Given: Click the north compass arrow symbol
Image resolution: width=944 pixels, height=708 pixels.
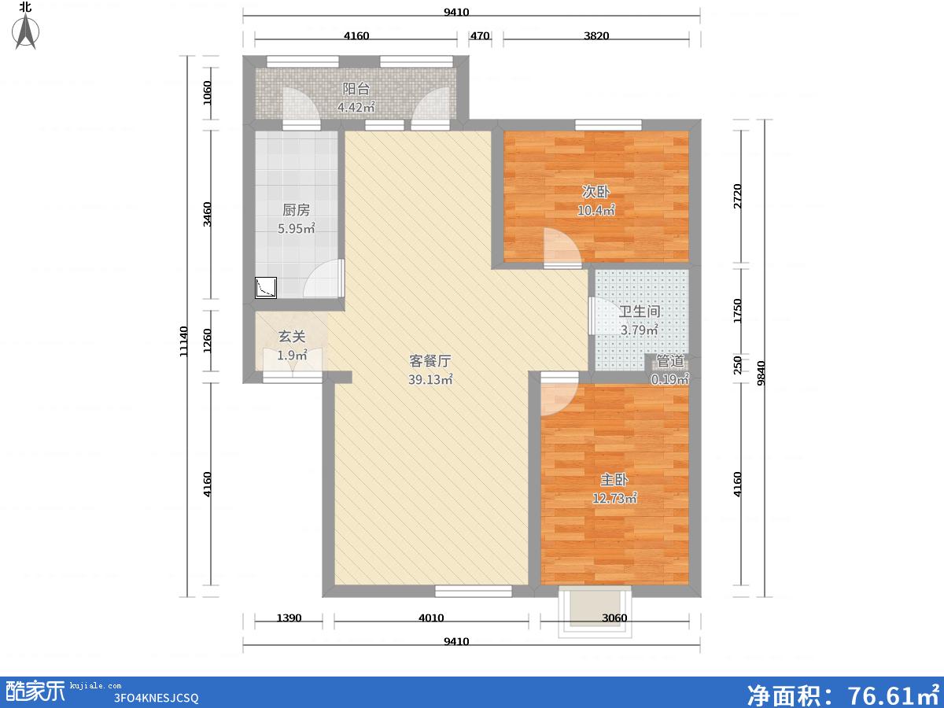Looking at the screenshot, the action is [26, 31].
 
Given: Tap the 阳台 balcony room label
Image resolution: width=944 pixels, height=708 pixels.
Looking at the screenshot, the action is [356, 89].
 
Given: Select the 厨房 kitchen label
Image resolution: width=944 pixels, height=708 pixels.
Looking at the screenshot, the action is [296, 210].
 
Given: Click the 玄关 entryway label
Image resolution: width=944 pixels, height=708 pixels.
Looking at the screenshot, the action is [292, 337].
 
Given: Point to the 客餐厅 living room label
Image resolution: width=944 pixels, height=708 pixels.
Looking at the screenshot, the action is [430, 361].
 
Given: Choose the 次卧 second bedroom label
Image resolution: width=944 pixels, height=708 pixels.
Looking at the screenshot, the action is [596, 192].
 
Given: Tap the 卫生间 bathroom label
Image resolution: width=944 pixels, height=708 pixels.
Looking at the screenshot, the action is [639, 312].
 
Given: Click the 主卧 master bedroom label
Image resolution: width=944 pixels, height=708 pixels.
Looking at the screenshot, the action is [614, 479].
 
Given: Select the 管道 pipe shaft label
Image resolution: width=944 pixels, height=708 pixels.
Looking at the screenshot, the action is [670, 362].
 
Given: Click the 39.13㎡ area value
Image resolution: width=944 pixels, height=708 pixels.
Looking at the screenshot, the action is [430, 380].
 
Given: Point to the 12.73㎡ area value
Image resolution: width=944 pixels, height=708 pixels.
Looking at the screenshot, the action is [614, 498].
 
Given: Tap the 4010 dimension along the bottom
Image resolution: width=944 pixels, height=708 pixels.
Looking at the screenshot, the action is [431, 618].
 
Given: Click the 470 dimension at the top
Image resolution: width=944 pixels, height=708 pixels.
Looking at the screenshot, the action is [480, 35].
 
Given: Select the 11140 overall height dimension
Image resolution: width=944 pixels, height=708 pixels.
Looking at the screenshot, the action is [183, 341].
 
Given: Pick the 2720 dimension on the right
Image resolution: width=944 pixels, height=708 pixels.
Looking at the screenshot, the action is [738, 196].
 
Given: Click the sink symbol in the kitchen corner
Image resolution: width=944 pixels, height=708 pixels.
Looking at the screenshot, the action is [266, 288].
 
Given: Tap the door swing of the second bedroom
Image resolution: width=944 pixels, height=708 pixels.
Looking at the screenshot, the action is [562, 248].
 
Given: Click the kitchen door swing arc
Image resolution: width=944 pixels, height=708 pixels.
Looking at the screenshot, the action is [323, 278].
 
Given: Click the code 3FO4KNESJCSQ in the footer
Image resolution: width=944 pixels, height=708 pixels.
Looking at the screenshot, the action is [156, 698].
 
